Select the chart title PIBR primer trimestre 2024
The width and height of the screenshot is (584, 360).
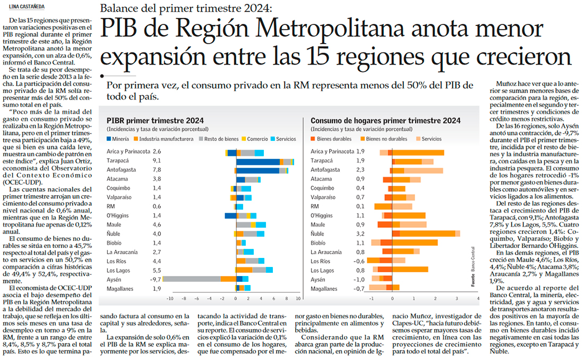[x=155, y=121]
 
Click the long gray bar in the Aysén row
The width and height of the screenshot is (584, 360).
[x=191, y=279]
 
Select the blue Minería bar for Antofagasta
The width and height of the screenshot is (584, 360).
[x=257, y=170]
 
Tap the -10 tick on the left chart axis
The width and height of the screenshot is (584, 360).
[x=170, y=299]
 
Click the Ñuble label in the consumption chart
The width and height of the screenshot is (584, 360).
[x=319, y=233]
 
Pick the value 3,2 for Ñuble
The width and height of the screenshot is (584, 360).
[x=360, y=233]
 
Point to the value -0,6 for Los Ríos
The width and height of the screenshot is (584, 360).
[x=359, y=261]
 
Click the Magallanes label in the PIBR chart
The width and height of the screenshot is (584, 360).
[x=120, y=289]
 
